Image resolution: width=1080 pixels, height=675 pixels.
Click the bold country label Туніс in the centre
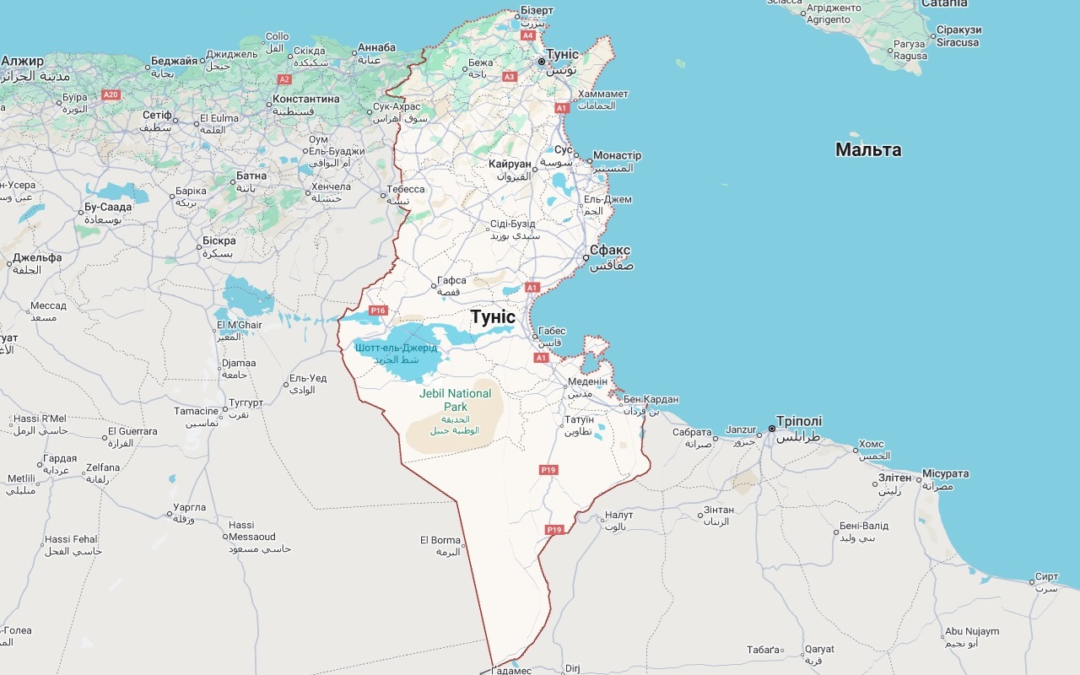coord(493,316)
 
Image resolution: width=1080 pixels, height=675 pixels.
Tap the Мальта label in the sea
coord(868,150)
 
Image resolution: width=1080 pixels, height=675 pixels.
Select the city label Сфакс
coord(610,251)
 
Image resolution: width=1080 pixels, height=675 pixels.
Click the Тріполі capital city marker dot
coord(771,429)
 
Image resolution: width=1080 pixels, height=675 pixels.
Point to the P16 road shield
coord(377,310)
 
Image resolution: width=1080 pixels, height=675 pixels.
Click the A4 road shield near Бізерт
coord(528,36)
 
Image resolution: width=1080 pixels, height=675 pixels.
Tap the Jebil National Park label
coord(455,400)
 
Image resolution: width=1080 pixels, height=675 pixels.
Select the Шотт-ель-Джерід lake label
coord(396,348)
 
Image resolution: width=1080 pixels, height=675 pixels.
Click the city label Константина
coord(306,99)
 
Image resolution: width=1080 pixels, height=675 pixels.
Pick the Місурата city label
coord(945,473)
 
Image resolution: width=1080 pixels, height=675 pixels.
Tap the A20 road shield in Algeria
coord(111,94)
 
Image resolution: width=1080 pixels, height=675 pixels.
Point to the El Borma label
coord(440,540)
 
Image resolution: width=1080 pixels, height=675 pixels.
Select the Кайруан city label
coord(510,164)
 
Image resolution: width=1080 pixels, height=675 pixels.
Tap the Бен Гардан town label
coord(651,399)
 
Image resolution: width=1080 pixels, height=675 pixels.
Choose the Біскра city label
coord(219,240)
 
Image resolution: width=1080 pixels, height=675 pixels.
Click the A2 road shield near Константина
coord(284,79)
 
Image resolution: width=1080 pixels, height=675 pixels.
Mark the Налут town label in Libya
coord(618,515)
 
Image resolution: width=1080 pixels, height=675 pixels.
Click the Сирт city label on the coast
coord(1046,576)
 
